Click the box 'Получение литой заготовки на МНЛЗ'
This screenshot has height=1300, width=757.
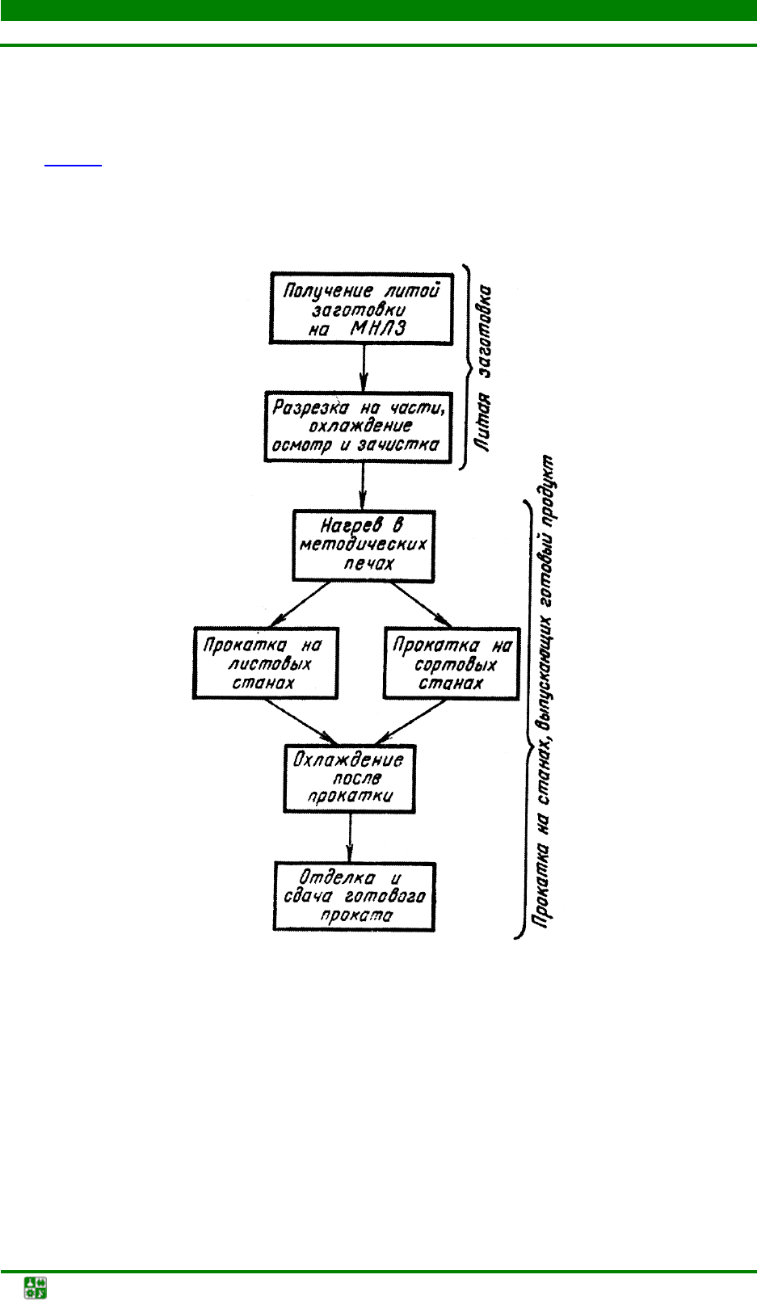click(x=360, y=309)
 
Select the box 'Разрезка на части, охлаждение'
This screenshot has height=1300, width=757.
click(x=358, y=427)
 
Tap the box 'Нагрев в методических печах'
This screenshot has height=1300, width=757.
click(x=364, y=545)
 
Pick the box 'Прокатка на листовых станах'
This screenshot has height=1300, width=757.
click(x=265, y=663)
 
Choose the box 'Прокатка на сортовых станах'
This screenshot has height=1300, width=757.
click(x=451, y=663)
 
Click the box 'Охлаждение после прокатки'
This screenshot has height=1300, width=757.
click(x=349, y=779)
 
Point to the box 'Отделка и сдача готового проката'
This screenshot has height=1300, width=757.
click(x=354, y=897)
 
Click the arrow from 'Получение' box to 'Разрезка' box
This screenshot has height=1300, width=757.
click(x=364, y=368)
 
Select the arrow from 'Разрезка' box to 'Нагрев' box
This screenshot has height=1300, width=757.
click(x=363, y=486)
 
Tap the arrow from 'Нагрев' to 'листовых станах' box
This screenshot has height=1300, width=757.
click(x=300, y=604)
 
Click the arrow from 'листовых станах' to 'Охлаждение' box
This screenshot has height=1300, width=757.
click(x=301, y=722)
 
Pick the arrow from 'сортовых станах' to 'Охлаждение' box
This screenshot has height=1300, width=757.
click(x=412, y=722)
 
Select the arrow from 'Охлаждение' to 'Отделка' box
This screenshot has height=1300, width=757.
click(x=350, y=838)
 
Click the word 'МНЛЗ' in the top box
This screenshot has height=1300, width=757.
click(x=378, y=328)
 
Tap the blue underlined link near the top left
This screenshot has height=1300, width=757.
click(x=74, y=161)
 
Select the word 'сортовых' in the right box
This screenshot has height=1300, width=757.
click(x=455, y=665)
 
